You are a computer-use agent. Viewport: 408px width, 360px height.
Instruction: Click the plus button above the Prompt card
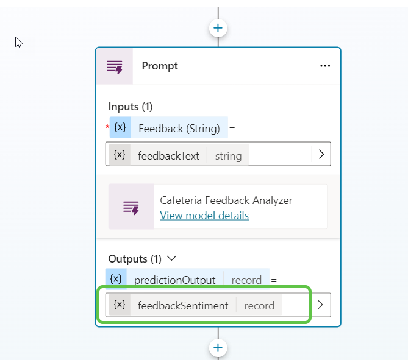tap(218, 27)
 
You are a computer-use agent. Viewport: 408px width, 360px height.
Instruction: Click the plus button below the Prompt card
tap(218, 347)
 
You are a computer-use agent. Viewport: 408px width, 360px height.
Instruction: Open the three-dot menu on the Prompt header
tap(325, 66)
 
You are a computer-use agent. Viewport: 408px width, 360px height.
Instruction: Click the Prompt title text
tap(160, 66)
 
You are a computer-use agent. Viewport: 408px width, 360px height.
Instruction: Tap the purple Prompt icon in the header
tap(115, 66)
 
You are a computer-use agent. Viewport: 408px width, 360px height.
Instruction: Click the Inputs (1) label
tap(130, 107)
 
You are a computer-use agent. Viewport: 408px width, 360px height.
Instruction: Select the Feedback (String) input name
tap(179, 129)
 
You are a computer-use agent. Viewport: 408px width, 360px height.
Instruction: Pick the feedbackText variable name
tap(168, 155)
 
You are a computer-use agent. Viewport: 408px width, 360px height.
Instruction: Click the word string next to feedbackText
tap(228, 155)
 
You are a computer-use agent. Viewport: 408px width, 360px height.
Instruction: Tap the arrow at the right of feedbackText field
tap(321, 155)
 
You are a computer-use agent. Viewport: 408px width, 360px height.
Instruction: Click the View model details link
tap(204, 216)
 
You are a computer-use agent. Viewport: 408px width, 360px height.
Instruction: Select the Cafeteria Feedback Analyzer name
tap(226, 200)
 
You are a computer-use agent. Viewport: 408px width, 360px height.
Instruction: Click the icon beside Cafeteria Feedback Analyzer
tap(131, 207)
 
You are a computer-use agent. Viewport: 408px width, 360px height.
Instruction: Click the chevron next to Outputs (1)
tap(172, 258)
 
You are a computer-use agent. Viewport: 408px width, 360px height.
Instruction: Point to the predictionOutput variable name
tap(174, 280)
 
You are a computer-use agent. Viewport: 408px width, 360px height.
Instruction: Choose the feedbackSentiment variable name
tap(183, 305)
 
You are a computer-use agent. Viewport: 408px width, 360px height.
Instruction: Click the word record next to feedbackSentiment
tap(259, 305)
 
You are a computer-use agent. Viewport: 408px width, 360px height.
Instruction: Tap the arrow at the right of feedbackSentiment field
tap(321, 305)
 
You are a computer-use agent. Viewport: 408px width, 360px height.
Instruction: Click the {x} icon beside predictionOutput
tap(116, 280)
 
